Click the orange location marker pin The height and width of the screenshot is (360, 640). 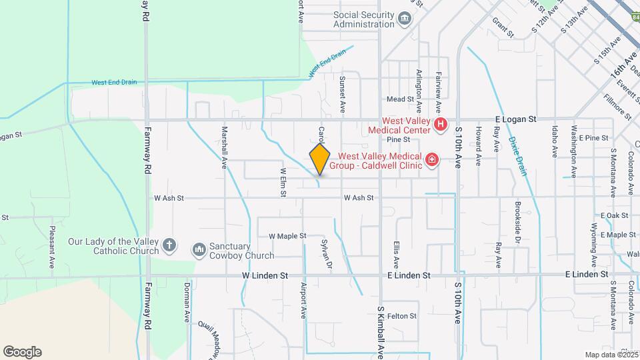[319, 159]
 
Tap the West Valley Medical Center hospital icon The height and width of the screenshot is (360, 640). [440, 124]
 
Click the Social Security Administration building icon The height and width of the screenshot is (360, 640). [405, 19]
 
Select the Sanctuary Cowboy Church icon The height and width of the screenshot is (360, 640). [199, 250]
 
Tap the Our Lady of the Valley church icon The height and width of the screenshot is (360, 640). [169, 245]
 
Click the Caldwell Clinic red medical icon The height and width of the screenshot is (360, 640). [432, 159]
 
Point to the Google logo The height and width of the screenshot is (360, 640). [22, 352]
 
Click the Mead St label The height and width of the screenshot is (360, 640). [401, 99]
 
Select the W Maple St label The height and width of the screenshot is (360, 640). [287, 236]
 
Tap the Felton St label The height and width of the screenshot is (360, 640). [402, 316]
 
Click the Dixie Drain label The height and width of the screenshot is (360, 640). [518, 157]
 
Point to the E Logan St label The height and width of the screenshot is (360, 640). [516, 119]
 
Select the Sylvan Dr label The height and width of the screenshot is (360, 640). [326, 254]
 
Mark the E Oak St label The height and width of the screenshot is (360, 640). [614, 215]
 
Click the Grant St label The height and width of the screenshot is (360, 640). [503, 27]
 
